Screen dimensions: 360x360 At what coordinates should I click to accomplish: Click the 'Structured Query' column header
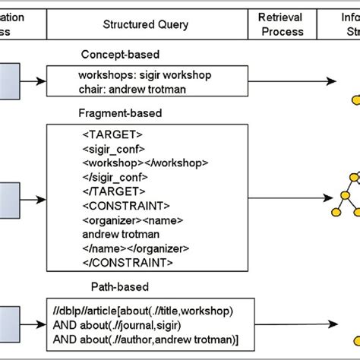pyautogui.click(x=146, y=25)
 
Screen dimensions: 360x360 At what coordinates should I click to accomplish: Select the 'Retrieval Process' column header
pyautogui.click(x=281, y=24)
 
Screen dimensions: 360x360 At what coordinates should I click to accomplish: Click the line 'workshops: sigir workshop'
pyautogui.click(x=134, y=76)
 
